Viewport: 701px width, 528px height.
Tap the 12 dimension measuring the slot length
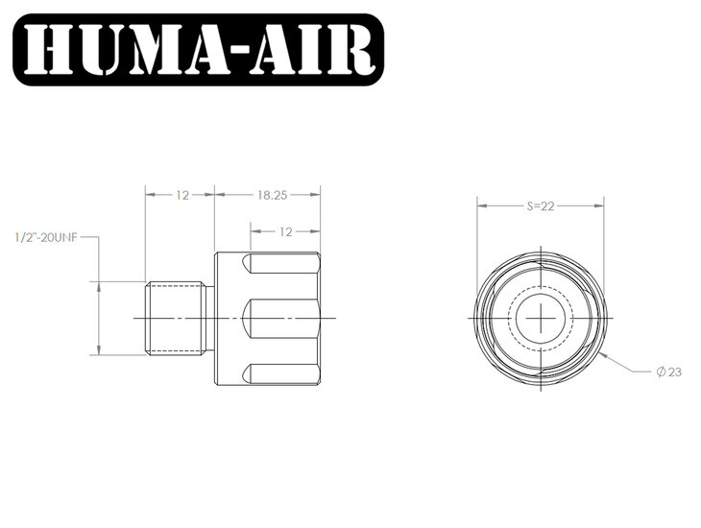pos(285,230)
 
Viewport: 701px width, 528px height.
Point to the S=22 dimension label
pos(542,205)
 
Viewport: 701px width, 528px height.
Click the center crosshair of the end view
pos(542,318)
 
